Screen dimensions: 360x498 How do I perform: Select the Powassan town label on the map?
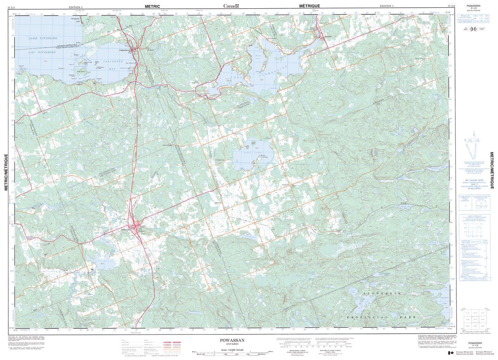(125, 229)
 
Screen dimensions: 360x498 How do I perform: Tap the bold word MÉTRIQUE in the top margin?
(309, 6)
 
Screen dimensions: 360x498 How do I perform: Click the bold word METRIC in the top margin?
(152, 6)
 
